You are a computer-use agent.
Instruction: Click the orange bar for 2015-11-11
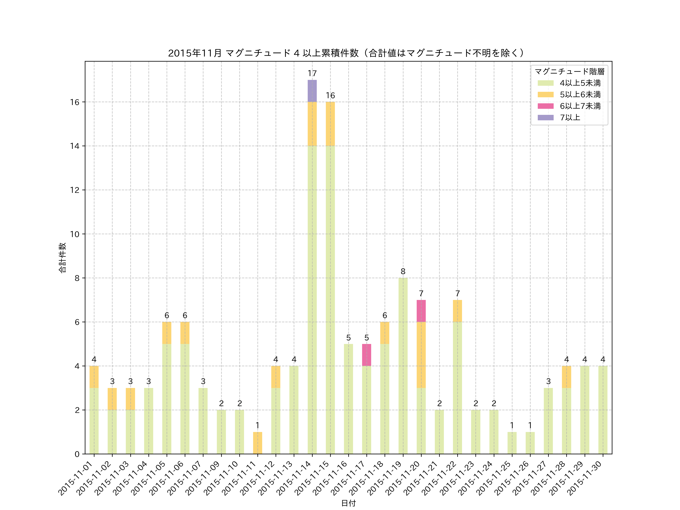coord(258,443)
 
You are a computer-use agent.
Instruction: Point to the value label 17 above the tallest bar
coord(312,73)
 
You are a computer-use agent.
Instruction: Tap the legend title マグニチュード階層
coord(569,72)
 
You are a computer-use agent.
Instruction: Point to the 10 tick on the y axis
coord(75,234)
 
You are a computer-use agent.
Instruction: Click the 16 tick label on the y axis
coord(75,102)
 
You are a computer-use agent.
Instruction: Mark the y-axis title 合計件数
coord(62,258)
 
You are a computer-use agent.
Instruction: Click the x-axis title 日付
coord(348,503)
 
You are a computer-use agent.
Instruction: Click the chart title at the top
coord(346,53)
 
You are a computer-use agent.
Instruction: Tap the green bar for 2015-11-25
coord(512,443)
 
